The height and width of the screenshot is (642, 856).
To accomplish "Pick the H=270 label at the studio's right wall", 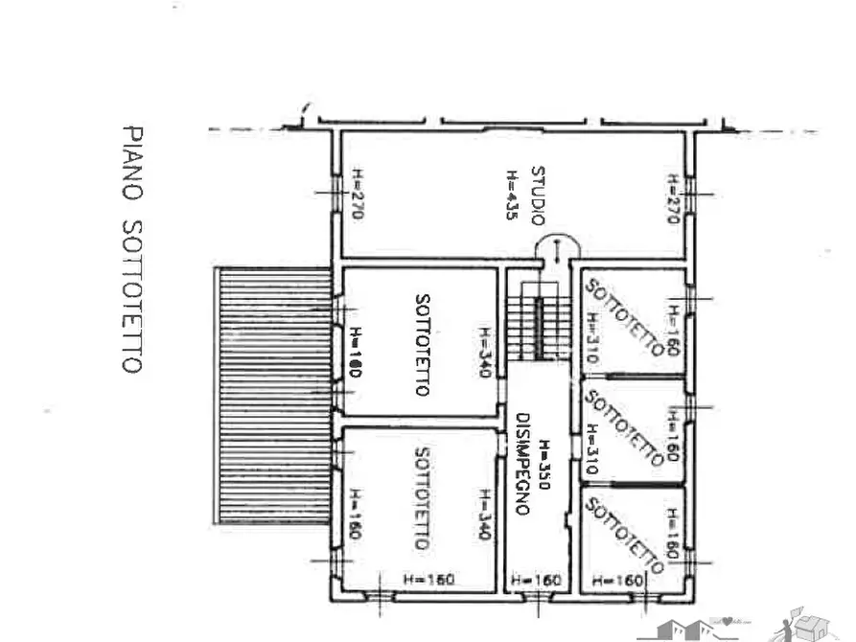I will click(674, 197).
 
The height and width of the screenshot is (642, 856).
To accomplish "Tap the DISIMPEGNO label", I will click(523, 464).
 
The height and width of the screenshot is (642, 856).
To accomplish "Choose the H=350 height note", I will click(543, 465).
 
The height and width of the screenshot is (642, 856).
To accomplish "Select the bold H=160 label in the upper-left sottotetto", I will click(354, 352).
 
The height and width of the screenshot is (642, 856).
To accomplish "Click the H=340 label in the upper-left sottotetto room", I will click(485, 352).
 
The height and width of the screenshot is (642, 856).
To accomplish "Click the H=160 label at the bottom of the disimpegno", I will click(536, 580).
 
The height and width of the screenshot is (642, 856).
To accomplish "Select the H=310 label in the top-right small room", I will click(591, 337).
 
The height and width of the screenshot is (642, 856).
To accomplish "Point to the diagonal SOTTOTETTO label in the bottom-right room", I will click(623, 535).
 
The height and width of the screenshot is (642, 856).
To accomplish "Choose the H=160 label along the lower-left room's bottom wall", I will click(424, 580).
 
